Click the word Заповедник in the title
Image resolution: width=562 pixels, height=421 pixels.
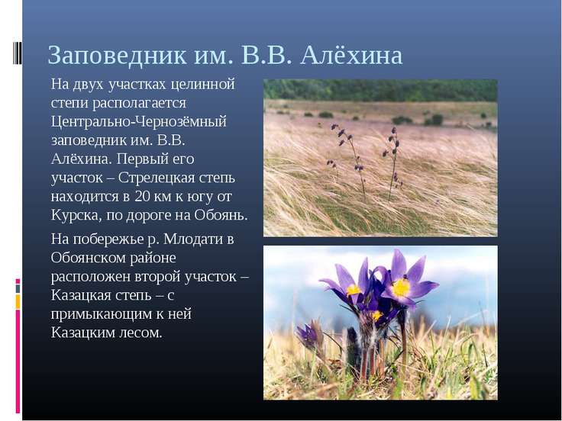click(x=118, y=56)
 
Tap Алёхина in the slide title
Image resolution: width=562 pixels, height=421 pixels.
click(x=351, y=55)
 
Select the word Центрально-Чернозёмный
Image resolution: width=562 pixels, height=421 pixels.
click(x=139, y=122)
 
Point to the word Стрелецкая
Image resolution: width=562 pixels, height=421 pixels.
click(x=155, y=178)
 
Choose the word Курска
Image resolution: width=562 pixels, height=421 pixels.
click(x=74, y=215)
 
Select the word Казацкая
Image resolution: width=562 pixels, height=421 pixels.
click(x=81, y=295)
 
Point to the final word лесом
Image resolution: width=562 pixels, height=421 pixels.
click(x=140, y=333)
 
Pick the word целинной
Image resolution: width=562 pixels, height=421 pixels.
click(x=202, y=85)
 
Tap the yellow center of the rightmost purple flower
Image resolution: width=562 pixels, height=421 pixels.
click(x=401, y=287)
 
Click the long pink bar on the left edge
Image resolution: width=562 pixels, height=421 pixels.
click(x=18, y=362)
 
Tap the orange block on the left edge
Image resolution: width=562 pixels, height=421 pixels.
click(x=18, y=302)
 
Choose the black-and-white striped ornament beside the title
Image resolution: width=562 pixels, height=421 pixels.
click(x=18, y=53)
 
